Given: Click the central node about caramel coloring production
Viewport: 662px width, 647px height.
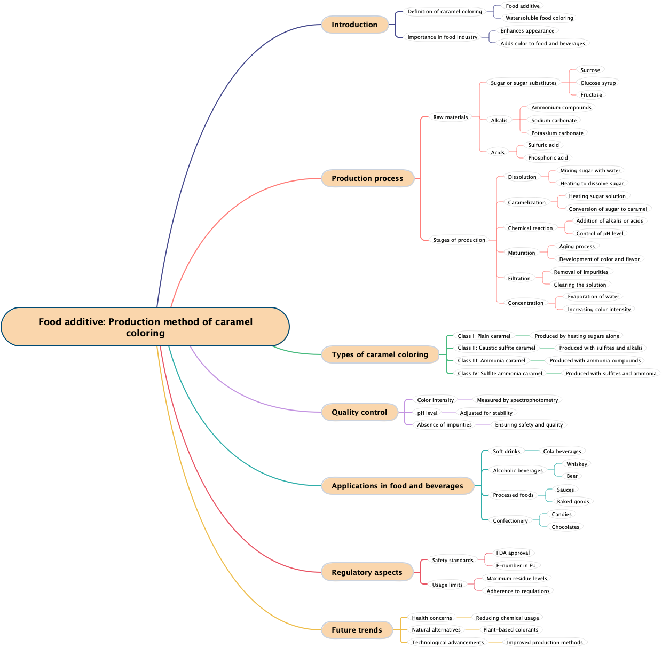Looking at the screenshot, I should tap(145, 327).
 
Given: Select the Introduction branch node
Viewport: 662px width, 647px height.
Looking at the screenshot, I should tap(354, 25).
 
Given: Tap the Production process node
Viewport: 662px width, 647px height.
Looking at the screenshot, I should tap(367, 178).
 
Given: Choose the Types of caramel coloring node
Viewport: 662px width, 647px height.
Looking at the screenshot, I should tap(380, 354).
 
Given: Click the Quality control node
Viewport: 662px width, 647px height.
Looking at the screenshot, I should tap(359, 412).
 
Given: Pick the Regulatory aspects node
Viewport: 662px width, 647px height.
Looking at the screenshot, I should tap(367, 572).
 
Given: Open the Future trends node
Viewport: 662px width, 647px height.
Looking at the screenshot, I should tap(357, 630).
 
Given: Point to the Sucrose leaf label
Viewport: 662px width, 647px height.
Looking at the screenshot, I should tap(590, 70).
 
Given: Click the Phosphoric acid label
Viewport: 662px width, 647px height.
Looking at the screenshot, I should tap(548, 158).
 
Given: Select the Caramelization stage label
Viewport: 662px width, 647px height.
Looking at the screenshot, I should tap(526, 203).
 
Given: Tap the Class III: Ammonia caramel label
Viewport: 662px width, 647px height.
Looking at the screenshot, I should tap(491, 361).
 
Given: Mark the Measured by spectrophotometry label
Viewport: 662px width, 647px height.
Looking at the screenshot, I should tap(517, 400).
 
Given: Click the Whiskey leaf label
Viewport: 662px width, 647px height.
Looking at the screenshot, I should tap(577, 464).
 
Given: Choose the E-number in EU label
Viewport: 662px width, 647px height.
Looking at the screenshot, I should tap(516, 566).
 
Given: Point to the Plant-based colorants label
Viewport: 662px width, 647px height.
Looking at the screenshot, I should tap(510, 630).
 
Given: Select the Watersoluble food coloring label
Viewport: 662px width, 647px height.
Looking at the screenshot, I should tap(539, 18).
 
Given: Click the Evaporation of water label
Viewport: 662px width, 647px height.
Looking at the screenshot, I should tap(593, 297).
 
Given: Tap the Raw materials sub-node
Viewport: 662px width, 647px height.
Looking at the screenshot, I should tap(450, 117).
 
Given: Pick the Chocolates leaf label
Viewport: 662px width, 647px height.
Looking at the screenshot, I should tap(565, 527).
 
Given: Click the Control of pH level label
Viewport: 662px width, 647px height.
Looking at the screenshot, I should tap(600, 234).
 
